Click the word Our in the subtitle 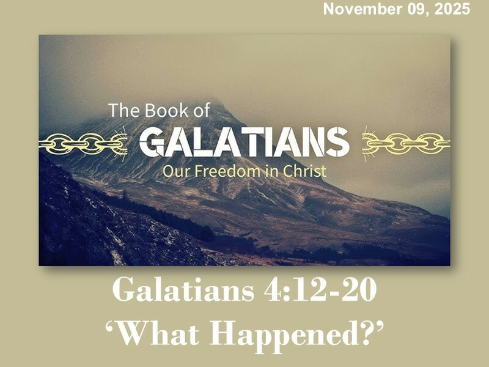pyautogui.click(x=173, y=171)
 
